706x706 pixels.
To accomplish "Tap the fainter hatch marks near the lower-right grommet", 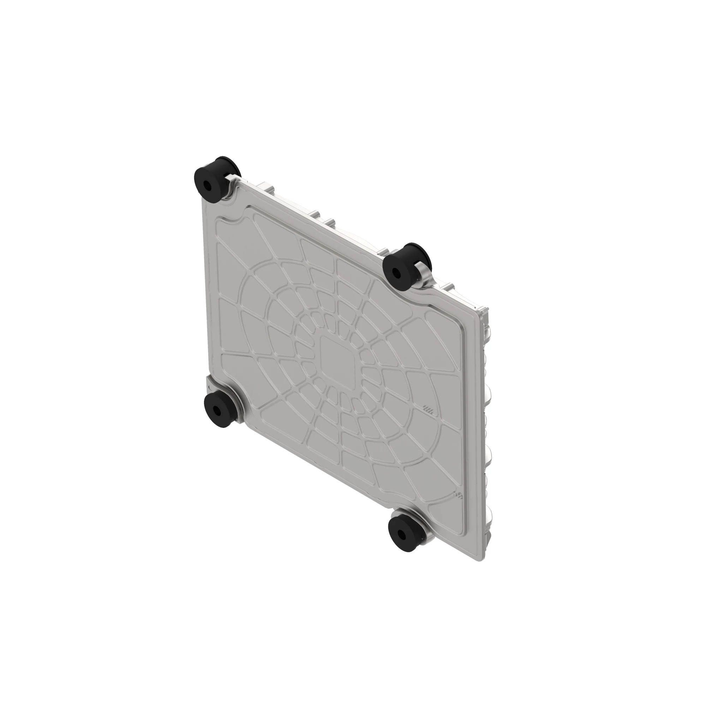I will point(457,495).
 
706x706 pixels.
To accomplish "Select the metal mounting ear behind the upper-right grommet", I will point(424,272).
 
